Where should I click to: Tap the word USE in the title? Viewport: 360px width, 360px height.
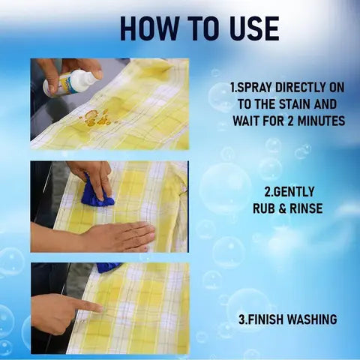point(250,28)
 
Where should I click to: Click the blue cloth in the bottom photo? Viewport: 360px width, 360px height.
point(109,267)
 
